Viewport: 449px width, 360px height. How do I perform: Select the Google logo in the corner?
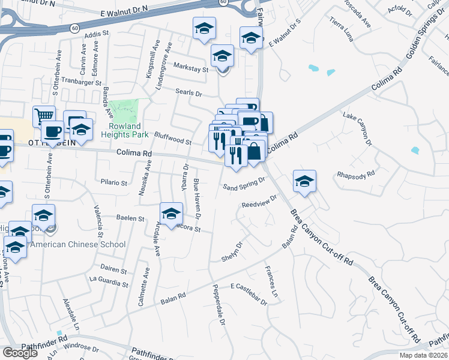point(20,352)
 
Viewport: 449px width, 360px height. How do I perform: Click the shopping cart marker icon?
point(44,116)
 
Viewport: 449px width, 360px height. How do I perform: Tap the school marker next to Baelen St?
point(171,213)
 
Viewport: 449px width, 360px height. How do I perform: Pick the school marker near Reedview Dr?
point(304,181)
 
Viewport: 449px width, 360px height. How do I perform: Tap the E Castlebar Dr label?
point(249,295)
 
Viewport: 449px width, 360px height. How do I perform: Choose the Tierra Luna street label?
point(343,28)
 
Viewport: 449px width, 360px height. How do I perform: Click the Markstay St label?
point(190,69)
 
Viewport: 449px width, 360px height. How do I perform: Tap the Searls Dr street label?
point(189,94)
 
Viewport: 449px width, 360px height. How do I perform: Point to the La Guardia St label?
point(109,283)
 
